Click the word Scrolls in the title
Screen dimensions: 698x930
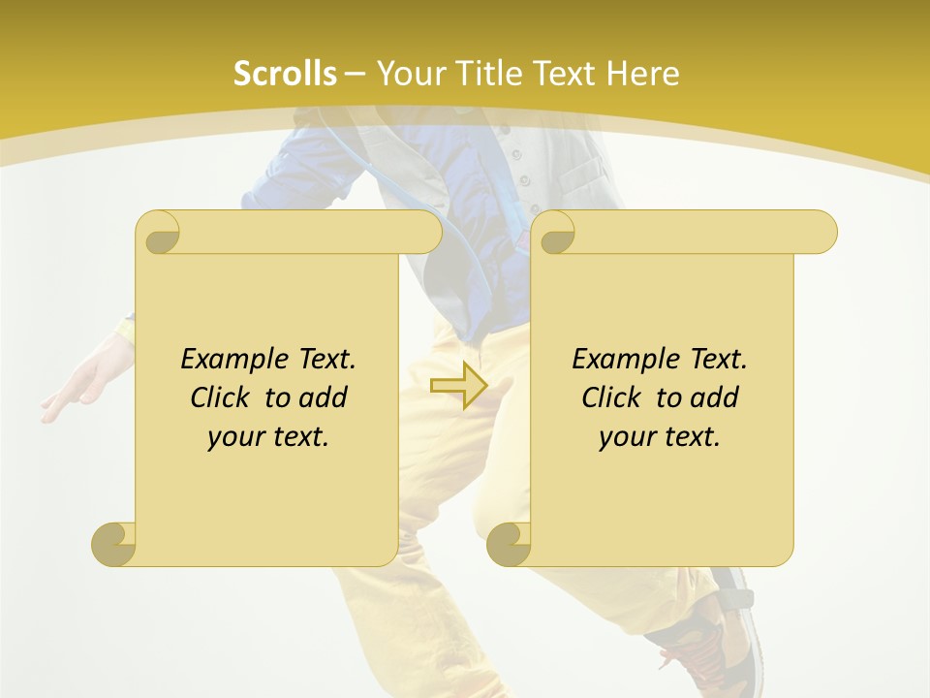click(285, 74)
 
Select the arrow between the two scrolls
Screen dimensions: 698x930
click(458, 386)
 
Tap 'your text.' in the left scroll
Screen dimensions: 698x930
click(268, 437)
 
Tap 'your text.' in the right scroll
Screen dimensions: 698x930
click(660, 437)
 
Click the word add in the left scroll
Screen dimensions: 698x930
click(324, 397)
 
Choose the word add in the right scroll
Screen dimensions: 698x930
click(715, 397)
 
